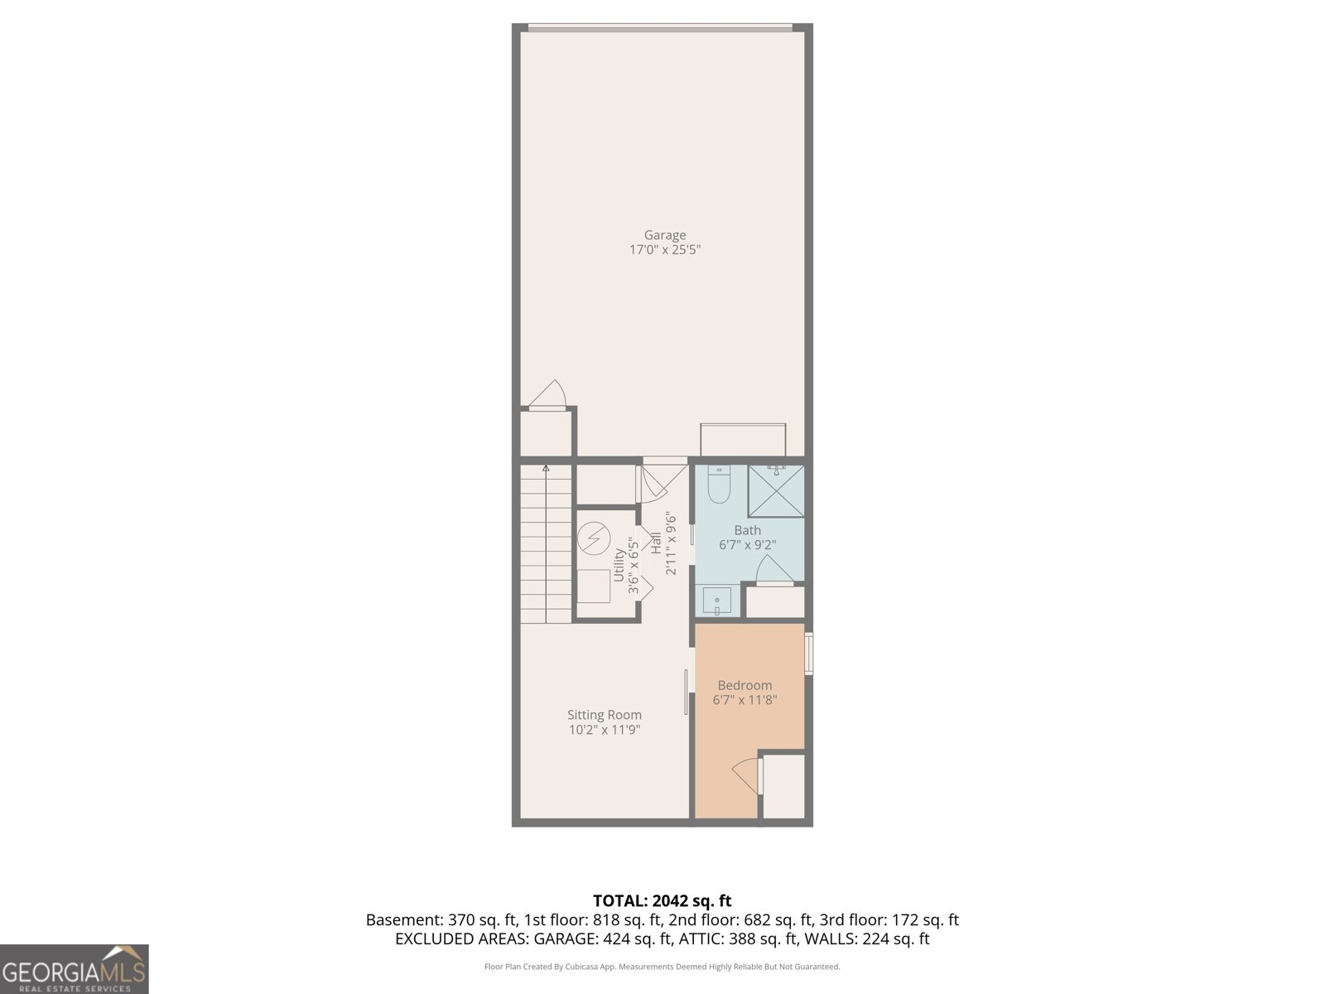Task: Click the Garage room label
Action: pyautogui.click(x=665, y=235)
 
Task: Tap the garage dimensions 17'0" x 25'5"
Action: pyautogui.click(x=665, y=249)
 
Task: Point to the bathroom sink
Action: pyautogui.click(x=717, y=601)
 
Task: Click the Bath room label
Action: pyautogui.click(x=747, y=530)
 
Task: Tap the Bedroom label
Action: pyautogui.click(x=744, y=685)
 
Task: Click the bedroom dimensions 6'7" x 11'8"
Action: pyautogui.click(x=744, y=700)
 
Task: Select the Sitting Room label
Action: pyautogui.click(x=605, y=715)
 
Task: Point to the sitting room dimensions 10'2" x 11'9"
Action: pyautogui.click(x=605, y=730)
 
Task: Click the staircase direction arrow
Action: pyautogui.click(x=546, y=470)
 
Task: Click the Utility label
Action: pyautogui.click(x=619, y=565)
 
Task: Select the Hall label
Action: pyautogui.click(x=656, y=543)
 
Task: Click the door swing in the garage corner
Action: pyautogui.click(x=548, y=395)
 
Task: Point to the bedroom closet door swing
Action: pyautogui.click(x=746, y=774)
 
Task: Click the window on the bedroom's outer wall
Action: pyautogui.click(x=809, y=653)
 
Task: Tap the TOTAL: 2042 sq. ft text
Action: pyautogui.click(x=662, y=900)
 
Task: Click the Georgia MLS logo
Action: pyautogui.click(x=74, y=969)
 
